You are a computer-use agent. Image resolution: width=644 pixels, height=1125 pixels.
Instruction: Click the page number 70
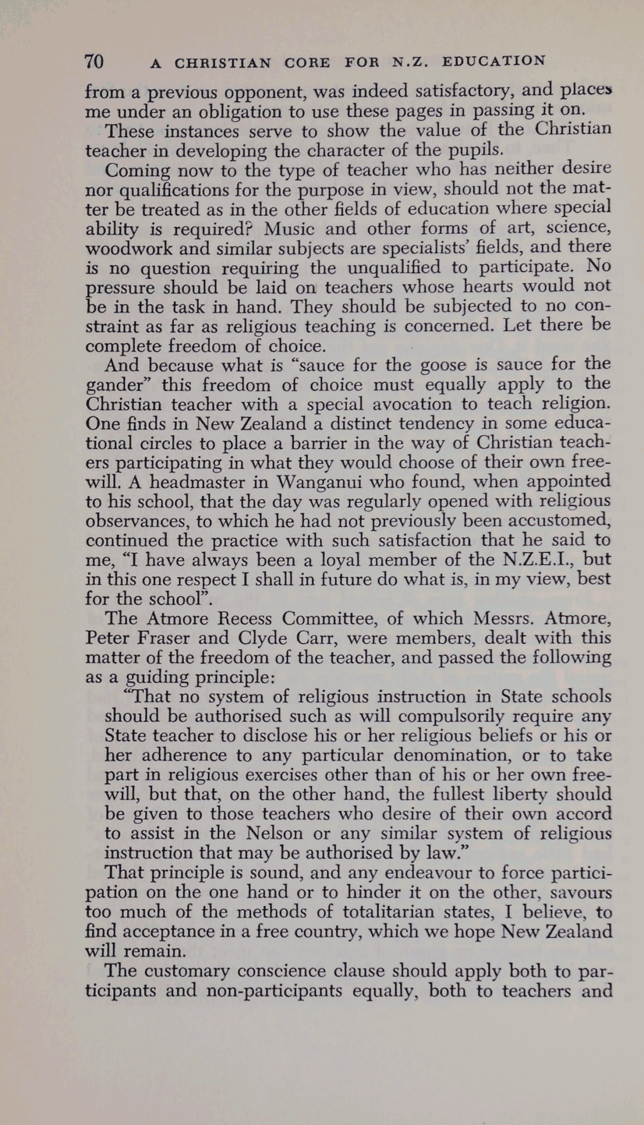point(94,61)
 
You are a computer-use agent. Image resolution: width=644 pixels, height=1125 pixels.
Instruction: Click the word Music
point(289,229)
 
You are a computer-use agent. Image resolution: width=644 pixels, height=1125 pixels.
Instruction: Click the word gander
point(113,385)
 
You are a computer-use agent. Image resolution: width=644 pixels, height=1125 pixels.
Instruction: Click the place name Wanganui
point(319,482)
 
